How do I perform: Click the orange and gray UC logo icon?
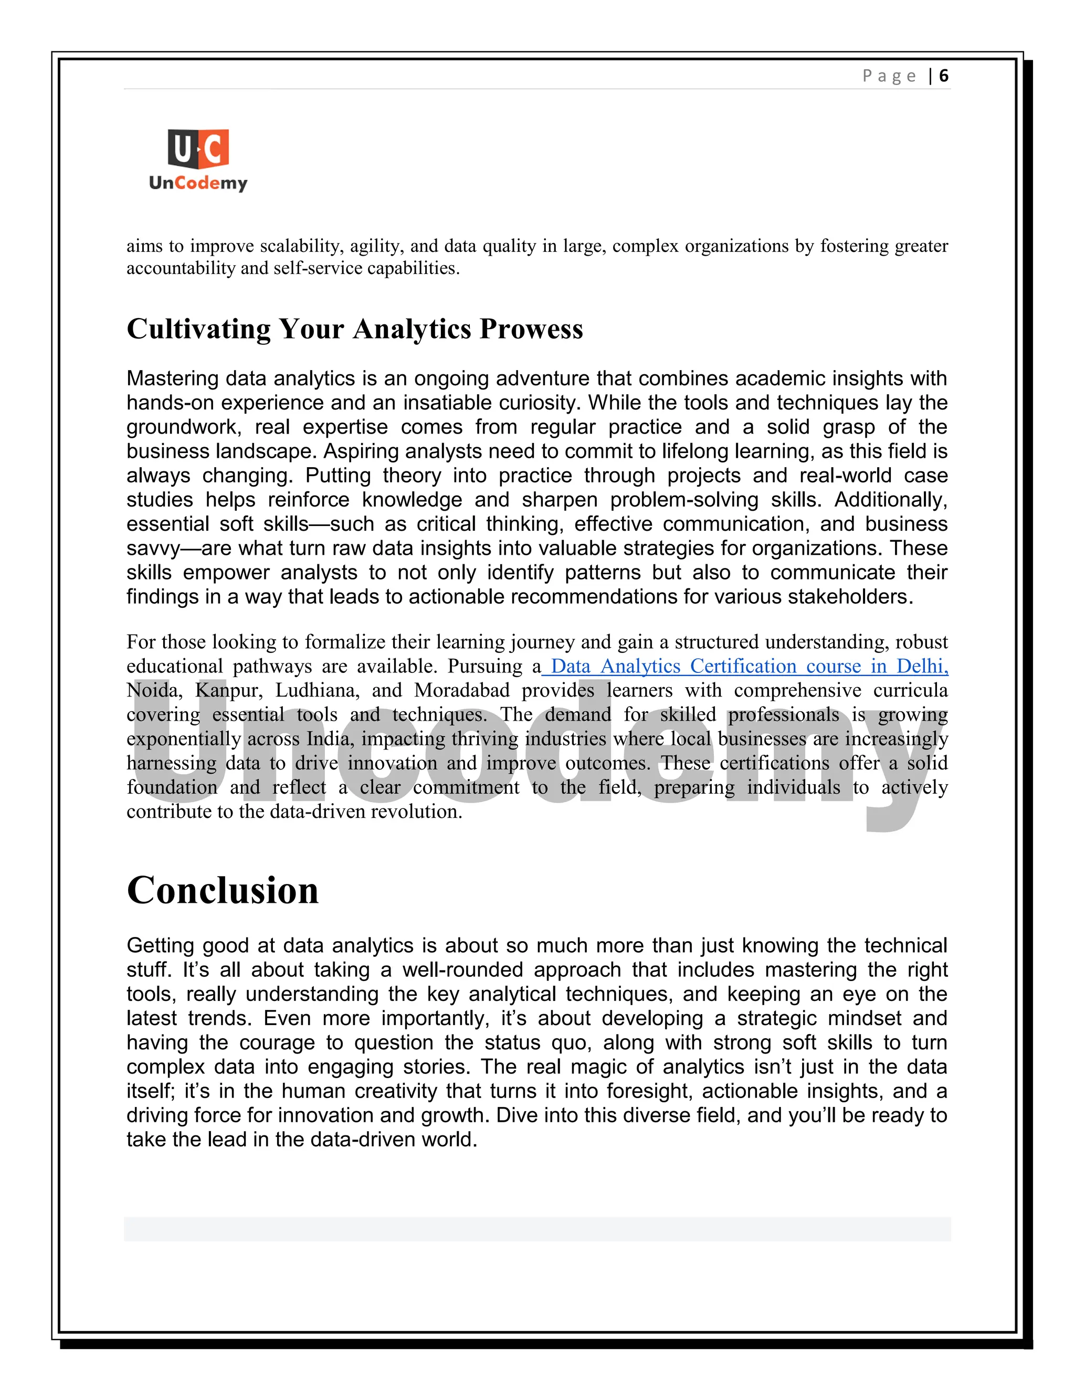pos(198,149)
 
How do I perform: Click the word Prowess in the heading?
pos(531,329)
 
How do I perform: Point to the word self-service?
pos(318,268)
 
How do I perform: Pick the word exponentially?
pos(183,739)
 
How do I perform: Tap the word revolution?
pos(423,812)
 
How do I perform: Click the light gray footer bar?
pos(537,1229)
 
